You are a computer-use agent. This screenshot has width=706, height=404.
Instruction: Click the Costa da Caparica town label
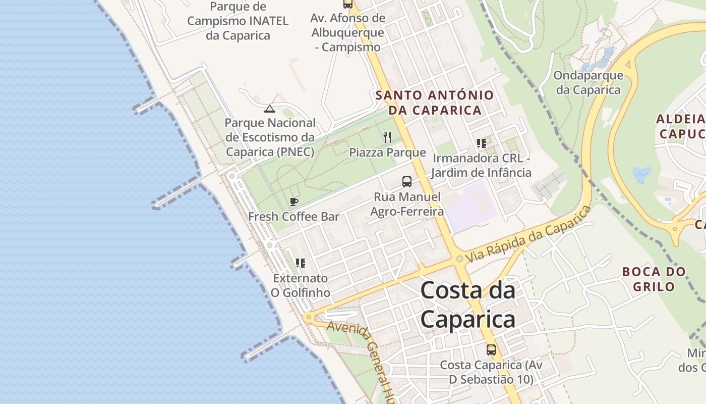pos(467,305)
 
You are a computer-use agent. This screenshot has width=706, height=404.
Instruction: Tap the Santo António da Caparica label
pos(435,103)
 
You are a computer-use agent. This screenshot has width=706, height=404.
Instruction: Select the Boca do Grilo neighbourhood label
pos(654,279)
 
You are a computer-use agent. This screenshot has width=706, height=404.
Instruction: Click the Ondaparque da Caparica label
pos(588,83)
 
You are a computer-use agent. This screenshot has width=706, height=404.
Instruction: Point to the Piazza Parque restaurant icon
pos(387,137)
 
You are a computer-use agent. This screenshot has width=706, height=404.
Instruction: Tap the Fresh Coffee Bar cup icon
pos(294,202)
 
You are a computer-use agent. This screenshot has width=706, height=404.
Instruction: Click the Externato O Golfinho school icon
pos(301,263)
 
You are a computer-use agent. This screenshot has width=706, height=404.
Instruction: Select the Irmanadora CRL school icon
pos(482,143)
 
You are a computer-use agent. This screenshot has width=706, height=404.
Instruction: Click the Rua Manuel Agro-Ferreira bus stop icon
pos(407,182)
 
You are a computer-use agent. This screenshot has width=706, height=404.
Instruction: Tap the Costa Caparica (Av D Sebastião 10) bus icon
pos(491,349)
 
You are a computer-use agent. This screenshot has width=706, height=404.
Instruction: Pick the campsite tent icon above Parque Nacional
pos(270,109)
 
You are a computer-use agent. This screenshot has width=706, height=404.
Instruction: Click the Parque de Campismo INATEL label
pos(238,21)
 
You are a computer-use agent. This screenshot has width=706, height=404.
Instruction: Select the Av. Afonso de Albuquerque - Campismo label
pos(348,32)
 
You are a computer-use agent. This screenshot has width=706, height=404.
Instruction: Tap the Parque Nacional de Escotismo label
pos(270,137)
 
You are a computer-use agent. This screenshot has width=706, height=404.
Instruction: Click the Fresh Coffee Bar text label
pos(293,217)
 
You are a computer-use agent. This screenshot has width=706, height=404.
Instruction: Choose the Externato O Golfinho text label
pos(301,285)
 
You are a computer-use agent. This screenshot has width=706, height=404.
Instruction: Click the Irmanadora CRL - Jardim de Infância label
pos(481,166)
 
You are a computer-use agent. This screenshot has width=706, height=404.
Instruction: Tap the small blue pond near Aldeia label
pos(641,175)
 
